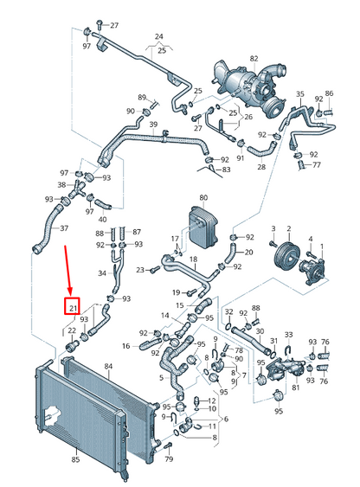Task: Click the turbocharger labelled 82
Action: (249, 88)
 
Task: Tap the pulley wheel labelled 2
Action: (287, 257)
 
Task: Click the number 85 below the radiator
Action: (75, 459)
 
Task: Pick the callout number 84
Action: (108, 367)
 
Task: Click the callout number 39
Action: (153, 125)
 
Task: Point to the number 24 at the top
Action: (158, 36)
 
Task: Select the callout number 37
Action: (64, 228)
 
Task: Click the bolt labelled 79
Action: (170, 446)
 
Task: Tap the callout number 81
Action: (296, 388)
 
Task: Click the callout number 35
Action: (300, 93)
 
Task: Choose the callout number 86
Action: (329, 93)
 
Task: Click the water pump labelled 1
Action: (312, 271)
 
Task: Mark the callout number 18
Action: (193, 260)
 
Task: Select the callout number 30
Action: (260, 331)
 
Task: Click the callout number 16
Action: (125, 346)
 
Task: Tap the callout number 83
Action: (226, 170)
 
